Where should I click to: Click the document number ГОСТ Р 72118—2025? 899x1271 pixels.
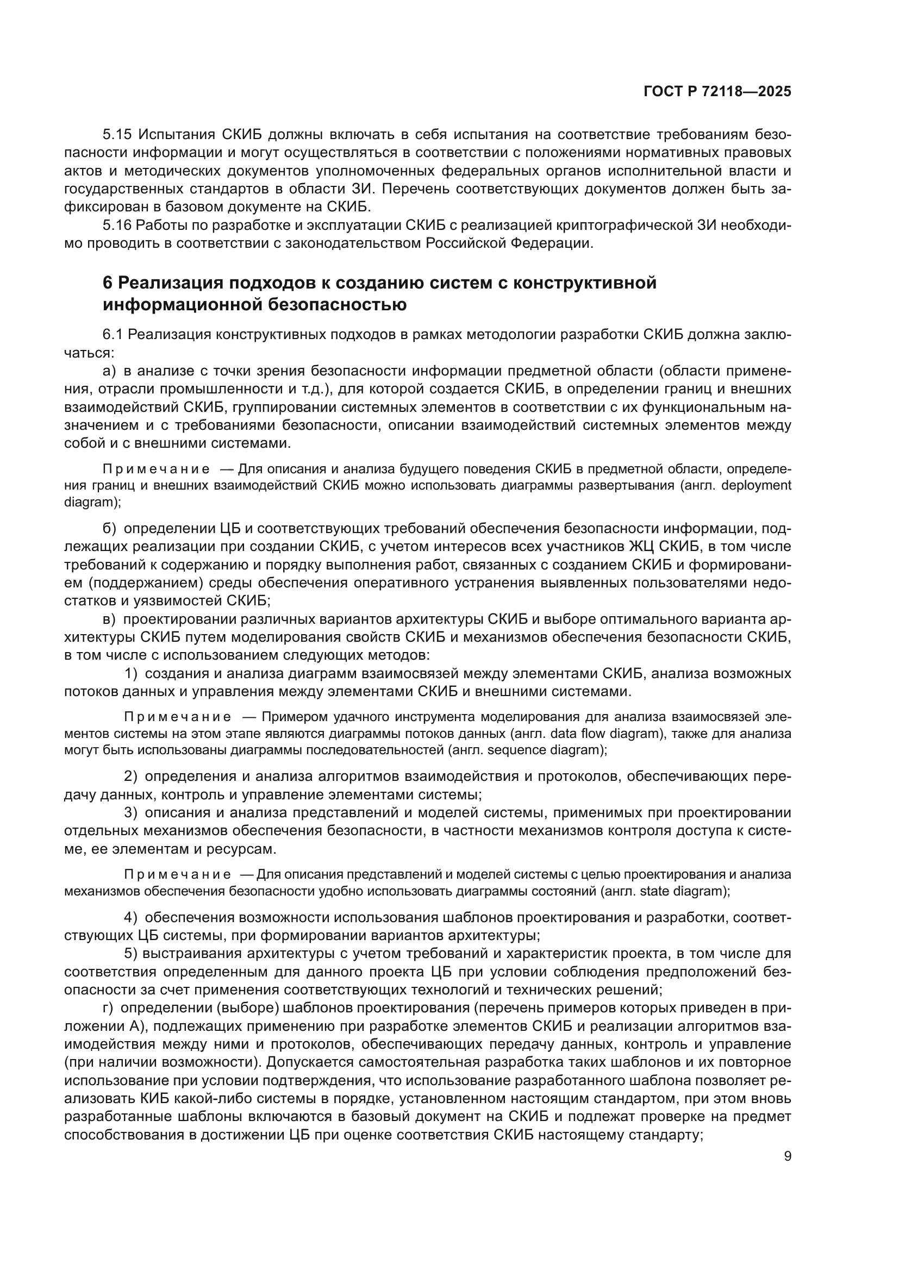717,92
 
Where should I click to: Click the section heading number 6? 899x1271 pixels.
108,283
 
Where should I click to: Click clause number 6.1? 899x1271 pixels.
114,335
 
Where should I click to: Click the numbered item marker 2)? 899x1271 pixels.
130,777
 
